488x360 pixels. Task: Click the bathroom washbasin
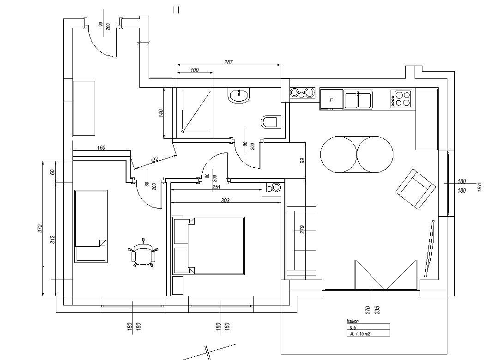[x=238, y=96]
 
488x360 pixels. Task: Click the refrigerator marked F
[x=331, y=99]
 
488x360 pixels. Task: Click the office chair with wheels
[x=143, y=255]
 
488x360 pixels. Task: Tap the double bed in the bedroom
[x=209, y=245]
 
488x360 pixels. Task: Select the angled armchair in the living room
[x=415, y=189]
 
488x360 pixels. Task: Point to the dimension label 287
[x=229, y=62]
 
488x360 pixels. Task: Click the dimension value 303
[x=225, y=200]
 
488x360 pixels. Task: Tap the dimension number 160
[x=101, y=148]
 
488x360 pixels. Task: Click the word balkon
[x=353, y=321]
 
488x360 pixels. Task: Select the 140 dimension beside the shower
[x=161, y=113]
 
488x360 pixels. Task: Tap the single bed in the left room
[x=91, y=226]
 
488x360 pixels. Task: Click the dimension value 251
[x=216, y=187]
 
